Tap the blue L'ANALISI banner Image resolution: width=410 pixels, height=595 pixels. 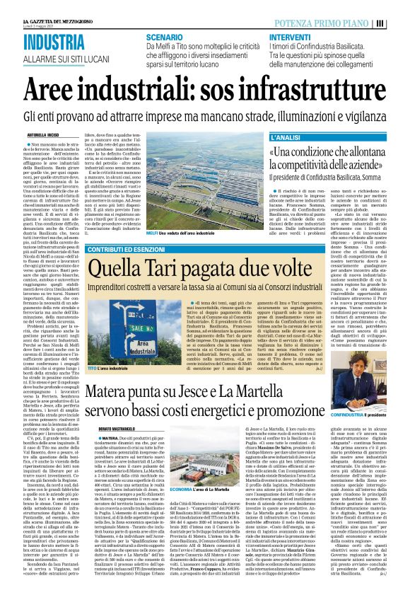tap(288, 134)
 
